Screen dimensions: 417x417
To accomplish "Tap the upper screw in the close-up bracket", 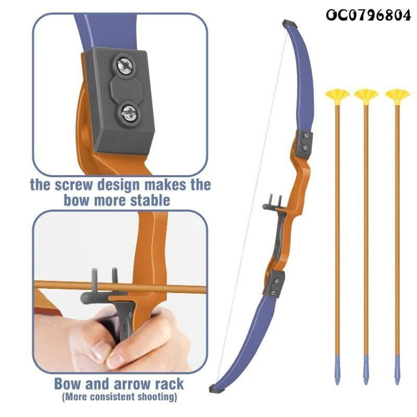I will [x=124, y=65].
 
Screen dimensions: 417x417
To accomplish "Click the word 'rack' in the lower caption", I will [x=169, y=267].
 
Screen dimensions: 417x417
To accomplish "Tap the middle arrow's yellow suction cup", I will [x=366, y=96].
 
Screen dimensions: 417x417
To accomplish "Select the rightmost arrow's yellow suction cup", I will [x=397, y=96].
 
